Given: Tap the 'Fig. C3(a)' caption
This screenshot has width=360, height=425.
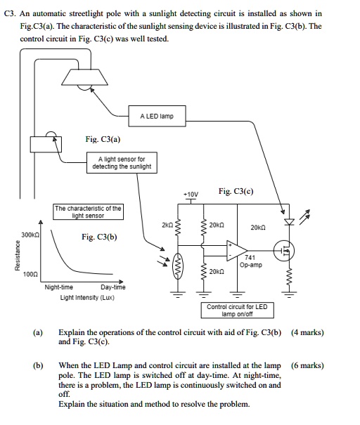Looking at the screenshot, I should [101, 139].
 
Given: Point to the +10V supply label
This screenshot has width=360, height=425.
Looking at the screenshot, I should [191, 194].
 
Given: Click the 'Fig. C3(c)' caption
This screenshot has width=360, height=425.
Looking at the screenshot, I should [236, 191].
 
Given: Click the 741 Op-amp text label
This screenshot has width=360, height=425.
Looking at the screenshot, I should [250, 262].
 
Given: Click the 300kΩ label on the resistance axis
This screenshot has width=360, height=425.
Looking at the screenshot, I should [30, 235].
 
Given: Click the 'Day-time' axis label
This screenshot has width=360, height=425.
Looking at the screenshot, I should [112, 287].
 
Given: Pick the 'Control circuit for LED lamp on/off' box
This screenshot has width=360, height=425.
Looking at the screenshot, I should [237, 310].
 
